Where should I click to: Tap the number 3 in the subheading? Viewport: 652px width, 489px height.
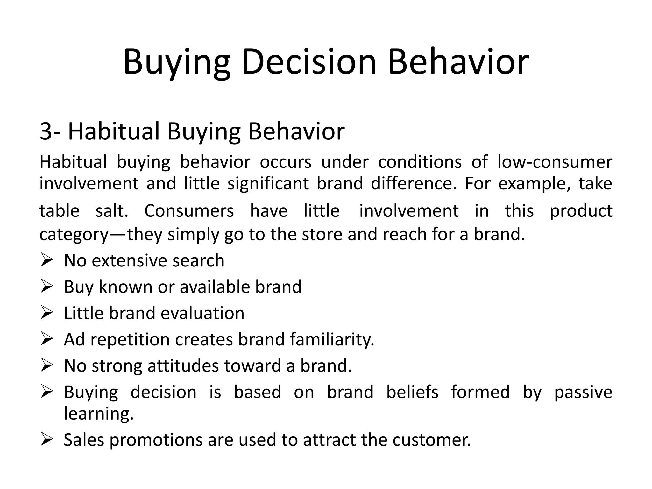46,131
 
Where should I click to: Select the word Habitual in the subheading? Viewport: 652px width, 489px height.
114,131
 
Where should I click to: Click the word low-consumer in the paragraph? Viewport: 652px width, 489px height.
555,162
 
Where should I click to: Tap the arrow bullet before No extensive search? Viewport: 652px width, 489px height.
46,260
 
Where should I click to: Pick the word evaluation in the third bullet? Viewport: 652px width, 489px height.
202,313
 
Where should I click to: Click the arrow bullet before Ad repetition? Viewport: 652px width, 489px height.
46,339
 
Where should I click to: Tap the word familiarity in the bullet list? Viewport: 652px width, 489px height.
332,339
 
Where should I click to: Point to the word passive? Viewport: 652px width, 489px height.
583,392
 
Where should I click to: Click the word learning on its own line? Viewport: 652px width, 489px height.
99,413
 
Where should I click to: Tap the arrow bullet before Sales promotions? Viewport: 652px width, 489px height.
46,440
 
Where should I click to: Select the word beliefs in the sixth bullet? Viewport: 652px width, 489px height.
412,392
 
